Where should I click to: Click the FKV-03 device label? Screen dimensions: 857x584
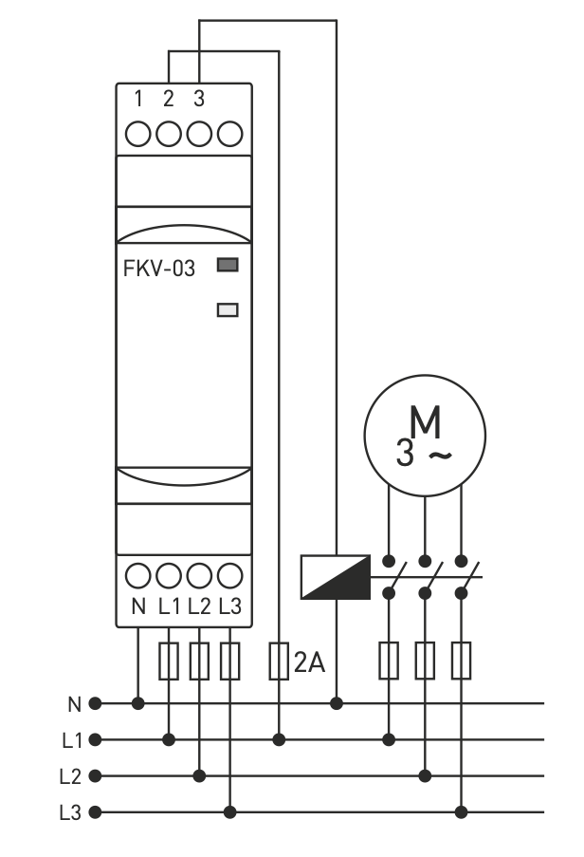coord(159,269)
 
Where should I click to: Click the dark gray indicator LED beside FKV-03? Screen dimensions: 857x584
coord(228,266)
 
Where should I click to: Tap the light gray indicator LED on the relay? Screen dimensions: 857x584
coord(228,308)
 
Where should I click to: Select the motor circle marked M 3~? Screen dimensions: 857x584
coord(425,437)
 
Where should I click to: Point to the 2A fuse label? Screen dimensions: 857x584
coord(309,662)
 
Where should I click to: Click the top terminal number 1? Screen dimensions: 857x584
coord(138,98)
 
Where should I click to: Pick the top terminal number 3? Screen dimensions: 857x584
coord(198,98)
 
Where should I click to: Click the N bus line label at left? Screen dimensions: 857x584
coord(74,704)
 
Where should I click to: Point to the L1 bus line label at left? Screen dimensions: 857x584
coord(71,739)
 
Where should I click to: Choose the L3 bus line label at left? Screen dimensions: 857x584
coord(71,812)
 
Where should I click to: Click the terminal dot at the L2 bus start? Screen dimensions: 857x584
coord(95,776)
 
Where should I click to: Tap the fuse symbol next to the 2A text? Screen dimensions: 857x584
coord(279,661)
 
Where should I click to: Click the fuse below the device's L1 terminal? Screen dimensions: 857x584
coord(169,661)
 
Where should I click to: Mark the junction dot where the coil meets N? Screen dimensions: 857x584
coord(337,703)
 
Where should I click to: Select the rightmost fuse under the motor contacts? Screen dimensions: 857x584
coord(462,661)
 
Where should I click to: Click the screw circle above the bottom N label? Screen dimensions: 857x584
coord(138,575)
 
